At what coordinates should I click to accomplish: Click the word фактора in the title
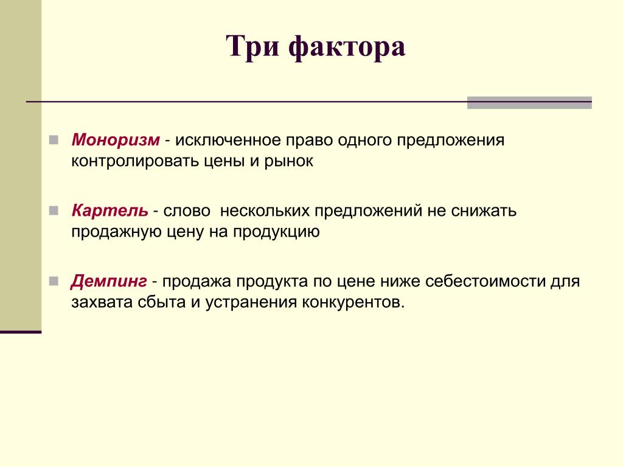pyautogui.click(x=347, y=48)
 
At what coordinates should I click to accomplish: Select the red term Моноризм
pyautogui.click(x=116, y=140)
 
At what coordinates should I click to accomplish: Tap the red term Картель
pyautogui.click(x=110, y=210)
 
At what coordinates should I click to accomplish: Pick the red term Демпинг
pyautogui.click(x=109, y=282)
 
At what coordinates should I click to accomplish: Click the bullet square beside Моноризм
pyautogui.click(x=54, y=140)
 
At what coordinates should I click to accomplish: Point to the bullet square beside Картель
pyautogui.click(x=54, y=210)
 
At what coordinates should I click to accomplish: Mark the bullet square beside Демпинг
pyautogui.click(x=54, y=281)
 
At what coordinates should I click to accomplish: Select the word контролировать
pyautogui.click(x=135, y=161)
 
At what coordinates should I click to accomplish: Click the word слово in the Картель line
pyautogui.click(x=187, y=211)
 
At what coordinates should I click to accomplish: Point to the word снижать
pyautogui.click(x=484, y=211)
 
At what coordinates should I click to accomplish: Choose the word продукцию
pyautogui.click(x=276, y=232)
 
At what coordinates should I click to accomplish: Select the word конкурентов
pyautogui.click(x=353, y=303)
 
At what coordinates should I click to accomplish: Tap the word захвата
pyautogui.click(x=102, y=303)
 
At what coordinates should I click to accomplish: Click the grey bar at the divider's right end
pyautogui.click(x=529, y=102)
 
